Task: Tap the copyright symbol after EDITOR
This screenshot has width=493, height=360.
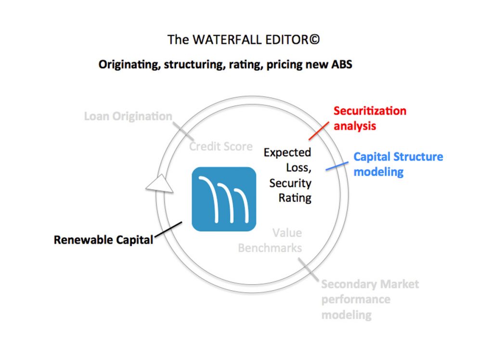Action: [314, 39]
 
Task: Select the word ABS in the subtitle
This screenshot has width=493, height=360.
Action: [341, 64]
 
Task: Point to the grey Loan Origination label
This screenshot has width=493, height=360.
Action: [128, 116]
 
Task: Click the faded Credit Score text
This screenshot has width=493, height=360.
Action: [221, 146]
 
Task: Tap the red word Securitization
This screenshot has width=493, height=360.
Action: [370, 111]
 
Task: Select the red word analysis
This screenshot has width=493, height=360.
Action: [355, 126]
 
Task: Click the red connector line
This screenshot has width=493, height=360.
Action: [319, 131]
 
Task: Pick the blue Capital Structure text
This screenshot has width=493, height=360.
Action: [398, 156]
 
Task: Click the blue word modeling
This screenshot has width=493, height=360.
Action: [378, 172]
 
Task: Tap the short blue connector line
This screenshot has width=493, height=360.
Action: [337, 166]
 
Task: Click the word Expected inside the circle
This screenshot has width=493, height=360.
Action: [287, 153]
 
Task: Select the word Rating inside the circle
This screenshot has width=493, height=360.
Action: [295, 198]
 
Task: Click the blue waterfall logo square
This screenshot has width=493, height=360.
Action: [224, 199]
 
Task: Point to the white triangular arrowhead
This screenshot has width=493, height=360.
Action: [159, 183]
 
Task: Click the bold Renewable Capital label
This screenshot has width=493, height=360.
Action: [104, 240]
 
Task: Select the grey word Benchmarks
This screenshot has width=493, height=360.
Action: [270, 248]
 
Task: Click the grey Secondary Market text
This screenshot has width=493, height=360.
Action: [370, 284]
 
